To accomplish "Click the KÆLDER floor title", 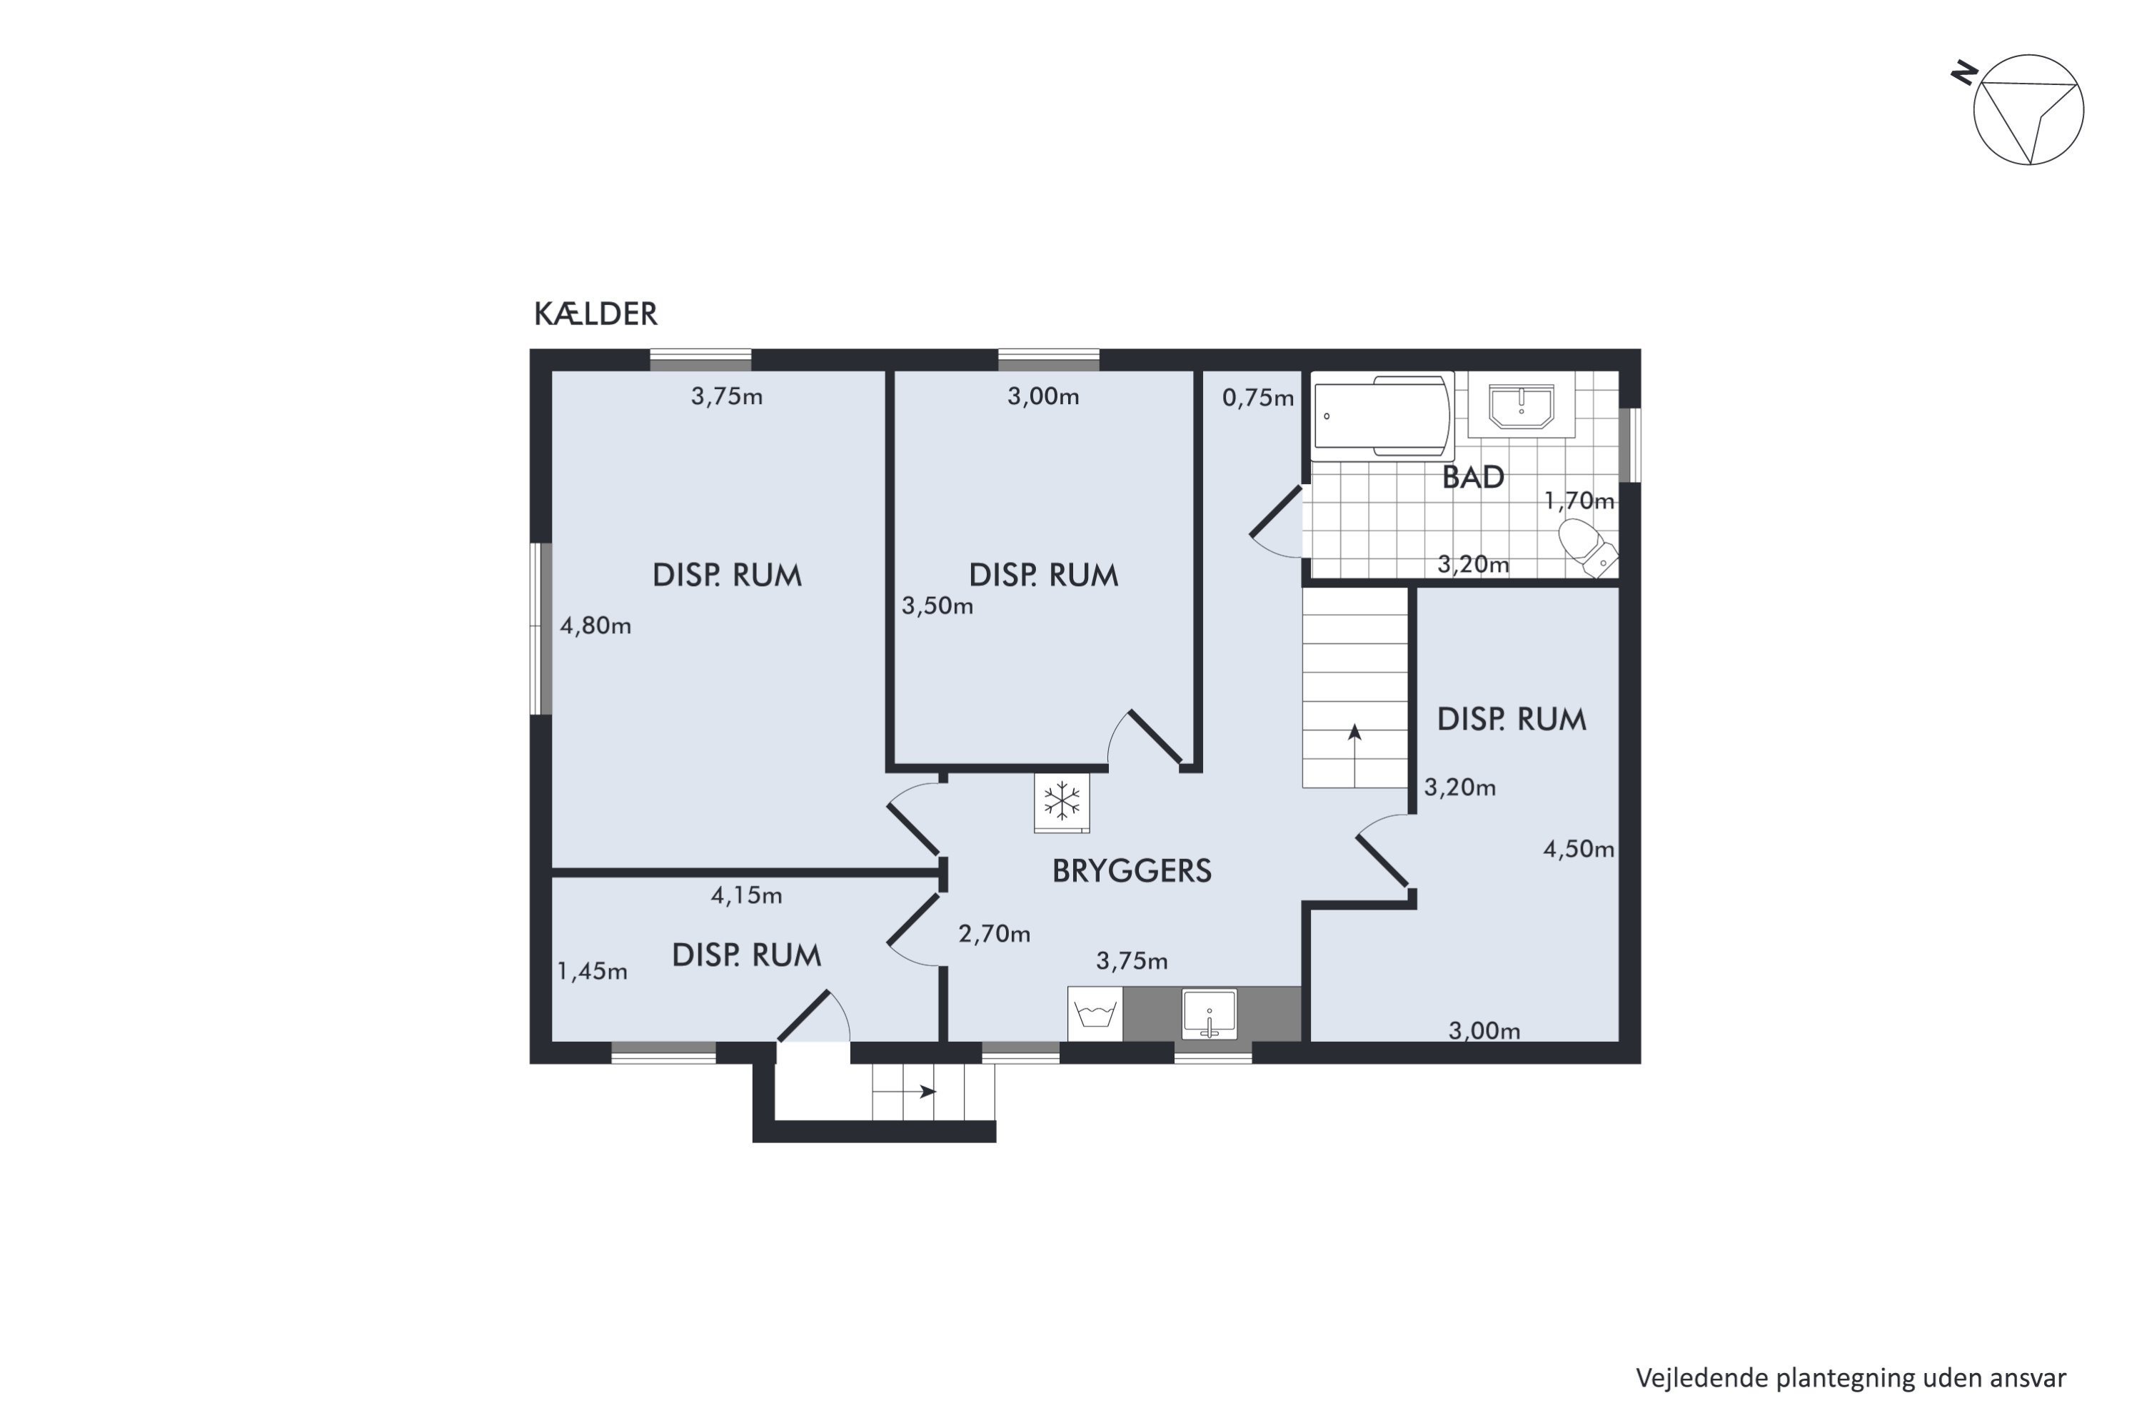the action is (x=595, y=313).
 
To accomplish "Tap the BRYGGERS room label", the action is (x=1131, y=870).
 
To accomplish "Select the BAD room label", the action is (x=1472, y=477).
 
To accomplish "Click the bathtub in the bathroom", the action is (x=1382, y=417).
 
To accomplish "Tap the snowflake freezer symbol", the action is (x=1062, y=803).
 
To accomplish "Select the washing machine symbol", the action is (x=1095, y=1014).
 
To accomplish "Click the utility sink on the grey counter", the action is (x=1210, y=1015).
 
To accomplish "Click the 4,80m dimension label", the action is (x=595, y=625).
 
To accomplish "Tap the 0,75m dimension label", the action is (x=1257, y=398).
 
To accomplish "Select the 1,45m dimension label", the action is (x=592, y=972).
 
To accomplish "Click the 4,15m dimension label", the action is (x=747, y=895).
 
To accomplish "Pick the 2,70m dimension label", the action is (x=995, y=933).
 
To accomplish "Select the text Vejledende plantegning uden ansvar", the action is (x=1851, y=1378).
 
